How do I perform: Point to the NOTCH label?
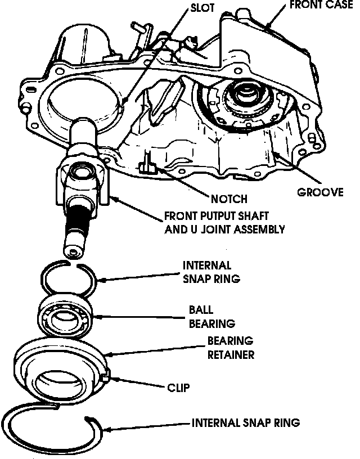[x=229, y=199]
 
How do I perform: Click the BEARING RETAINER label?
[x=231, y=348]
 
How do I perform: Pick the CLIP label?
[x=178, y=387]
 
